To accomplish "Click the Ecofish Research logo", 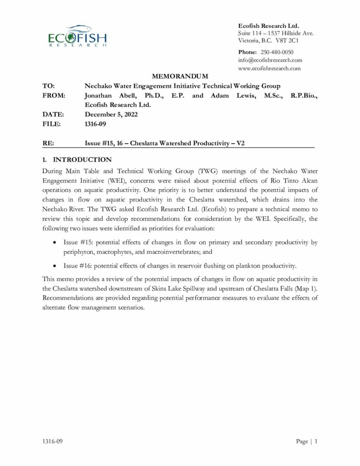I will pos(77,36).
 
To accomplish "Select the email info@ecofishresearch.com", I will pos(270,60).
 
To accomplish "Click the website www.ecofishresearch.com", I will pos(269,68).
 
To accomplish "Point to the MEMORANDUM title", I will pos(180,76).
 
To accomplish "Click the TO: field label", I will pos(48,86).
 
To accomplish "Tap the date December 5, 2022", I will pos(111,114).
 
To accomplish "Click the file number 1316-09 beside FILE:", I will pos(95,123).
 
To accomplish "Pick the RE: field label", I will pos(48,143).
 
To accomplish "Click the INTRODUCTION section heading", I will pos(82,160).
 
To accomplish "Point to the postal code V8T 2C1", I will pos(286,41).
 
